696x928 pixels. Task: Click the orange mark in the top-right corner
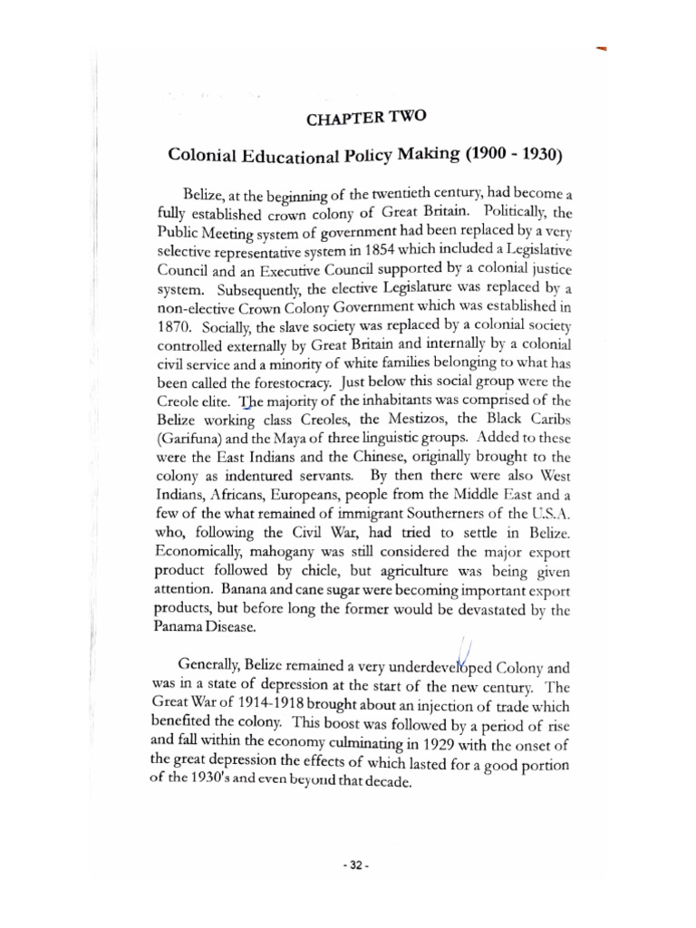click(x=602, y=47)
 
